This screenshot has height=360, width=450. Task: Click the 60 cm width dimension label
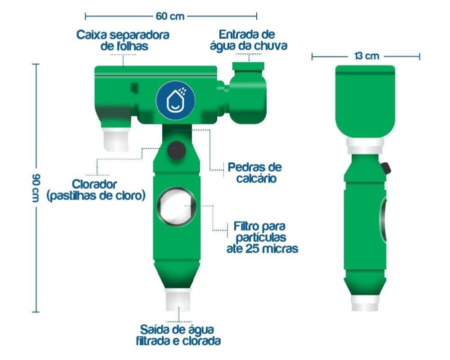coord(170,16)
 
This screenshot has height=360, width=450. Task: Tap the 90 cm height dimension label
coord(36,187)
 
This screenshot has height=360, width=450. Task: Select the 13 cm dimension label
coord(367,55)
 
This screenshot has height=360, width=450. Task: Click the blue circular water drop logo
coord(175,100)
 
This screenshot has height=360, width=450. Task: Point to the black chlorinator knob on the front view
coord(176,150)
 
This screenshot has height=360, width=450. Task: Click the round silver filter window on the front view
coord(176,206)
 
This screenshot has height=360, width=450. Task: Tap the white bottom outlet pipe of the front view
coord(178,299)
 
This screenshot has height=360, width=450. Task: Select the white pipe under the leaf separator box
coord(116,139)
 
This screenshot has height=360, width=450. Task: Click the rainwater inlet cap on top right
coord(248,66)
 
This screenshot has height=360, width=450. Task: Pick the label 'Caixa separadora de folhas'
coord(123,40)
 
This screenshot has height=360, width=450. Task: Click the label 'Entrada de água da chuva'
coord(249,40)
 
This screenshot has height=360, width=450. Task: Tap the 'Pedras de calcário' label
coord(255,172)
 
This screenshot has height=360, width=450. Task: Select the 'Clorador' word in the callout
coord(94,184)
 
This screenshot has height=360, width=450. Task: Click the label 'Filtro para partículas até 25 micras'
coord(262,237)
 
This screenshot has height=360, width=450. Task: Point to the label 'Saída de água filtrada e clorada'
coord(178,335)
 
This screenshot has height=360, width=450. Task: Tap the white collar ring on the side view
coord(365,146)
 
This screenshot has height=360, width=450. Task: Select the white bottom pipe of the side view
coord(365,303)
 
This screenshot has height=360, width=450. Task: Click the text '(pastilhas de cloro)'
coord(96,195)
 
